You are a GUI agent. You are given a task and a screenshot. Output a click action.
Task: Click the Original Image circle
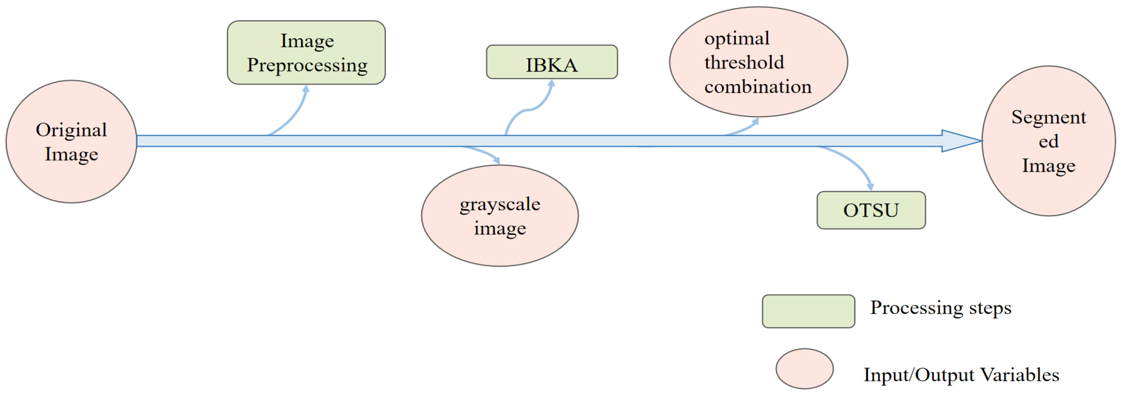[71, 141]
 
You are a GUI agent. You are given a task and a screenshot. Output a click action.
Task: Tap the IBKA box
[551, 62]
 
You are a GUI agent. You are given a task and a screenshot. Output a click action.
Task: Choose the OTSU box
[871, 210]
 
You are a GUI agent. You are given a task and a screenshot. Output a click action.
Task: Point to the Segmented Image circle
[1048, 141]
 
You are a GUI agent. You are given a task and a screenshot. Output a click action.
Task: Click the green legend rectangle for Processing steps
[808, 311]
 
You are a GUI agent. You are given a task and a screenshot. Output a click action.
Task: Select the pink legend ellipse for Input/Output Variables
[804, 368]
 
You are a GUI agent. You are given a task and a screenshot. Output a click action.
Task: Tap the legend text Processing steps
[941, 308]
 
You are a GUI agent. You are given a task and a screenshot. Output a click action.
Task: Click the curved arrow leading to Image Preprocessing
[294, 114]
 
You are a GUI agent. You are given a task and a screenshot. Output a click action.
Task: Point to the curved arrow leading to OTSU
[853, 163]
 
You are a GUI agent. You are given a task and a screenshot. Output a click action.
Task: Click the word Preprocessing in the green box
[307, 65]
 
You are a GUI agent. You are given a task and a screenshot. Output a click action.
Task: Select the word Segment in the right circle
[1048, 117]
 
